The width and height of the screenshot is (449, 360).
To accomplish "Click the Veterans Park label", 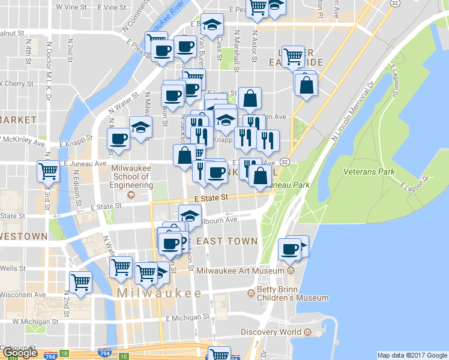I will click(x=369, y=172).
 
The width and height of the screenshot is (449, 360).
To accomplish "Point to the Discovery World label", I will click(x=271, y=332).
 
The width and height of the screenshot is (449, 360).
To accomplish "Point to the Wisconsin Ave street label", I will click(x=23, y=295).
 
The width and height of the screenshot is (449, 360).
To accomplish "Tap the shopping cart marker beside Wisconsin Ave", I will click(x=80, y=281).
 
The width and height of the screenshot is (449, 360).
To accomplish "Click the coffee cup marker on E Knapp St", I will click(x=118, y=139).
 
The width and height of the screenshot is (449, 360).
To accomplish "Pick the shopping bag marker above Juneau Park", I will click(x=259, y=175).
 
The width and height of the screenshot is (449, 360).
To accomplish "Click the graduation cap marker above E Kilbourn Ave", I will click(x=190, y=214).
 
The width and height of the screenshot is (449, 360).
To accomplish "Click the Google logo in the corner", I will click(x=20, y=353).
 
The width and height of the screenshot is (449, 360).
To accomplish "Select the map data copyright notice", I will click(x=412, y=355).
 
